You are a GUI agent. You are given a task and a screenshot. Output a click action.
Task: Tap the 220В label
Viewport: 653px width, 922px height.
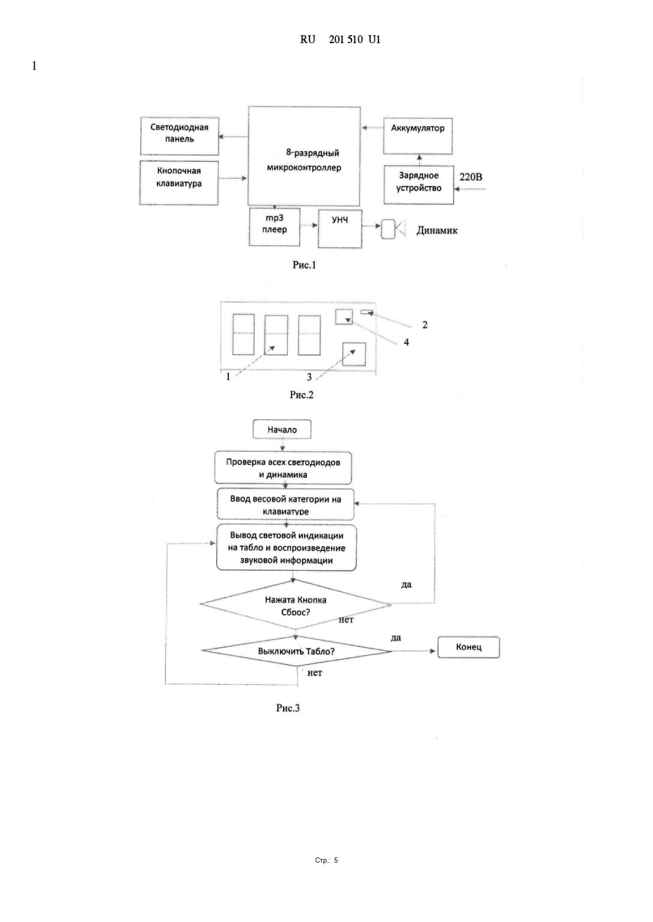(470, 177)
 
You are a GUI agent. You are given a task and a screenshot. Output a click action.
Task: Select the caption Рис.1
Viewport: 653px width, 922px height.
(304, 265)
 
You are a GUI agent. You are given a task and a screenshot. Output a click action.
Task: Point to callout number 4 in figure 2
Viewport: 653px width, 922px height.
(407, 342)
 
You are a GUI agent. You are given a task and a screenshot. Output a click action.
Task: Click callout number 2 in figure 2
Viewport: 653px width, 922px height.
(425, 325)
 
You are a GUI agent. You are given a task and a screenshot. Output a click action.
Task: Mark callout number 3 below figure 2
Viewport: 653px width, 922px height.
(309, 378)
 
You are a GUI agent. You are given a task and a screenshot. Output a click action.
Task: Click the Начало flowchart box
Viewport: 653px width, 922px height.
(282, 430)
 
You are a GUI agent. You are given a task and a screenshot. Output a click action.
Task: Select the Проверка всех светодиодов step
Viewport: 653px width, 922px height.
(283, 468)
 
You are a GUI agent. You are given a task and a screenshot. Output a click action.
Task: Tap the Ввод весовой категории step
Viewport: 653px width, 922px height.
(285, 505)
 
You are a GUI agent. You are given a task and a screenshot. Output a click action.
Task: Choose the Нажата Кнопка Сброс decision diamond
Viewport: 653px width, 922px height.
(296, 605)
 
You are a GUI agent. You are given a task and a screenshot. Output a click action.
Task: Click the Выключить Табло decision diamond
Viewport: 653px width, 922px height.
(296, 651)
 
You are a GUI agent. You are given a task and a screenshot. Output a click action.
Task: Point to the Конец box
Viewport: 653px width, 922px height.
(469, 647)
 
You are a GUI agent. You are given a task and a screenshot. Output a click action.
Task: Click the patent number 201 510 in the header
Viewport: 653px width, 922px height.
(345, 40)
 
